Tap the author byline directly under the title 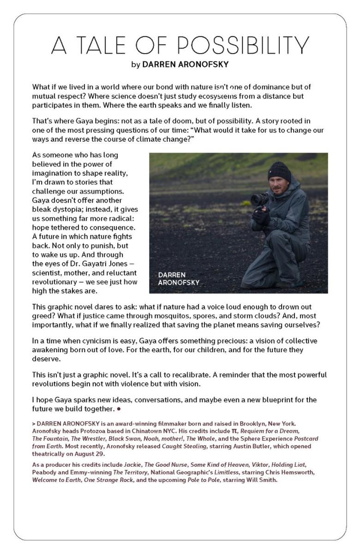click(180, 65)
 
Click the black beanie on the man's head click(279, 171)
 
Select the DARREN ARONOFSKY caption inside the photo click(179, 279)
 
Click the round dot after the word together click(119, 409)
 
